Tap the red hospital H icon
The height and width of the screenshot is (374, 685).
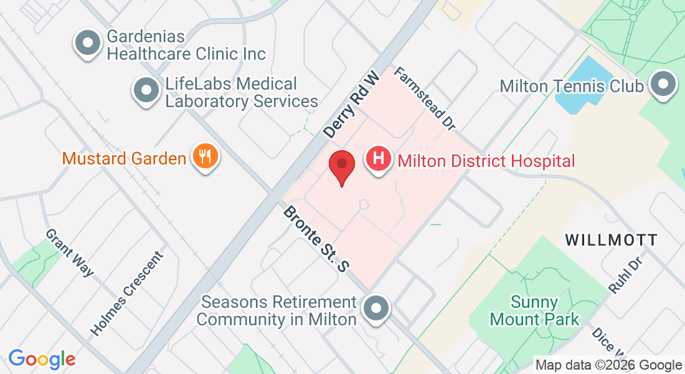coord(379,159)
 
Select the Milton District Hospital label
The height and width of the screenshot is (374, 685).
coord(486,161)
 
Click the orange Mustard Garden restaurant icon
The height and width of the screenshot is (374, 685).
coord(204,156)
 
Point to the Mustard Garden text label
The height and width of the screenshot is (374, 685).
coord(124,158)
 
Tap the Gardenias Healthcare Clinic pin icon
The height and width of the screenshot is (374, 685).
coord(88,44)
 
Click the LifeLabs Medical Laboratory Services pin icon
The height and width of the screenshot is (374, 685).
coord(146,90)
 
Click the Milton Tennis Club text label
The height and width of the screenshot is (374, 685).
coord(572,85)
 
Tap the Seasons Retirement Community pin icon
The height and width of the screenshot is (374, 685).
coord(376,309)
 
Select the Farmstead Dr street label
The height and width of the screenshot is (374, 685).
coord(425,99)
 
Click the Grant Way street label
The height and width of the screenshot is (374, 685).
coord(69,252)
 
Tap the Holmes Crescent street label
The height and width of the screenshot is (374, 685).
coord(127,294)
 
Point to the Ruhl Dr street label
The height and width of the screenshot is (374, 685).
coord(625,275)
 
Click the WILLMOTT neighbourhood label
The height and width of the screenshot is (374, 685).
coord(611,240)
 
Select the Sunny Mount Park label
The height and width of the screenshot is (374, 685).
coord(534,311)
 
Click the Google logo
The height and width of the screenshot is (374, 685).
coord(42,359)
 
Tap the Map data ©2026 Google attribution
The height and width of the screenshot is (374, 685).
coord(609,365)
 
